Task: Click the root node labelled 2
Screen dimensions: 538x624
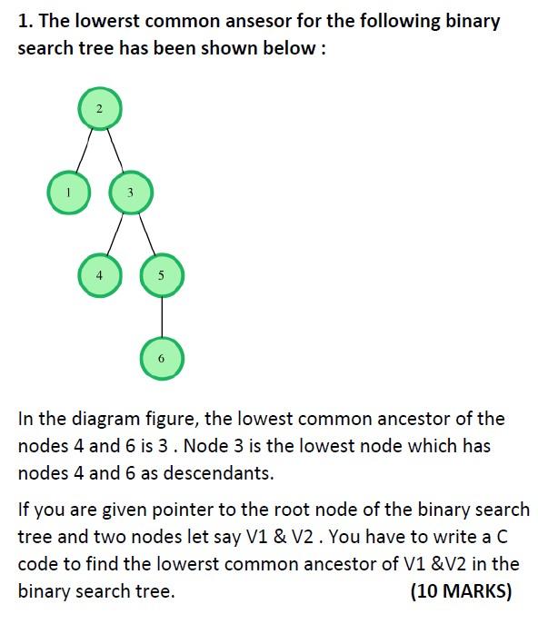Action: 100,109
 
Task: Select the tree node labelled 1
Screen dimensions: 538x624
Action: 69,193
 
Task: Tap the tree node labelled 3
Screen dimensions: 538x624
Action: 131,193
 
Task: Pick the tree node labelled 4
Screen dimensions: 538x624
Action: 100,275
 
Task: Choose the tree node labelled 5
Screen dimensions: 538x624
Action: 162,275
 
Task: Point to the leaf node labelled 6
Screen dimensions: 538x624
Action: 162,359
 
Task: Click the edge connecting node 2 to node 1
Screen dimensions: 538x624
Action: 84,151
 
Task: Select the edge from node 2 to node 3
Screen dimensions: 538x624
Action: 115,151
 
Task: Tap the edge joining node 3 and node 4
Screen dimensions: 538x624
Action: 115,233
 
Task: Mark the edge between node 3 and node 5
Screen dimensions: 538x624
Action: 146,233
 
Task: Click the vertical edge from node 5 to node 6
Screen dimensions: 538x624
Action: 162,317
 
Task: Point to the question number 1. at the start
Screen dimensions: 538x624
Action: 25,21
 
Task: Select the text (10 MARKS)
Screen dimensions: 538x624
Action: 461,590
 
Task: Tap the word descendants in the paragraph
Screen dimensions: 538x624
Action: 219,473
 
